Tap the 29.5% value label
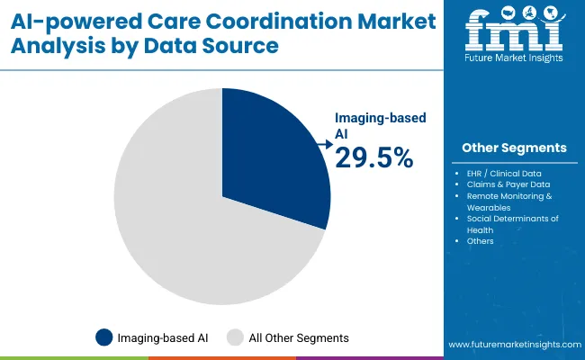coord(373,158)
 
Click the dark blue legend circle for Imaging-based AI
coord(104,337)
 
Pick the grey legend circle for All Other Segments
coord(236,337)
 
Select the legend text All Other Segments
coord(299,337)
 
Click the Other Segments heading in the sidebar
coord(514,147)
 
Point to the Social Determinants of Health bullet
coord(514,224)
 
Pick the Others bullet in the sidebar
coord(480,241)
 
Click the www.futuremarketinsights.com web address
coord(513,345)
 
